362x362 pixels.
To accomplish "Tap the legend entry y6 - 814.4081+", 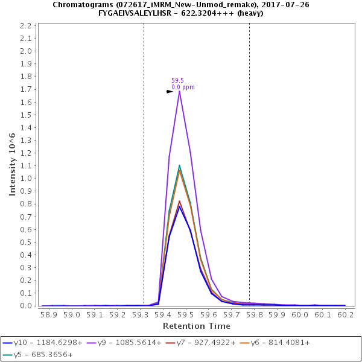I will pos(283,343).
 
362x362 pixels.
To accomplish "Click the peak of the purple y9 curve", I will pos(179,91).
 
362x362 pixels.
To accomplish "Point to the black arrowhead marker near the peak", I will pos(170,91).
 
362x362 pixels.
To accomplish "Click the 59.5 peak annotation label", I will pos(177,80).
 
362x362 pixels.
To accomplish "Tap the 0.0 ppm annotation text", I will pos(183,87).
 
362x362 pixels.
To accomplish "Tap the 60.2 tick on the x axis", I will pos(346,314).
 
